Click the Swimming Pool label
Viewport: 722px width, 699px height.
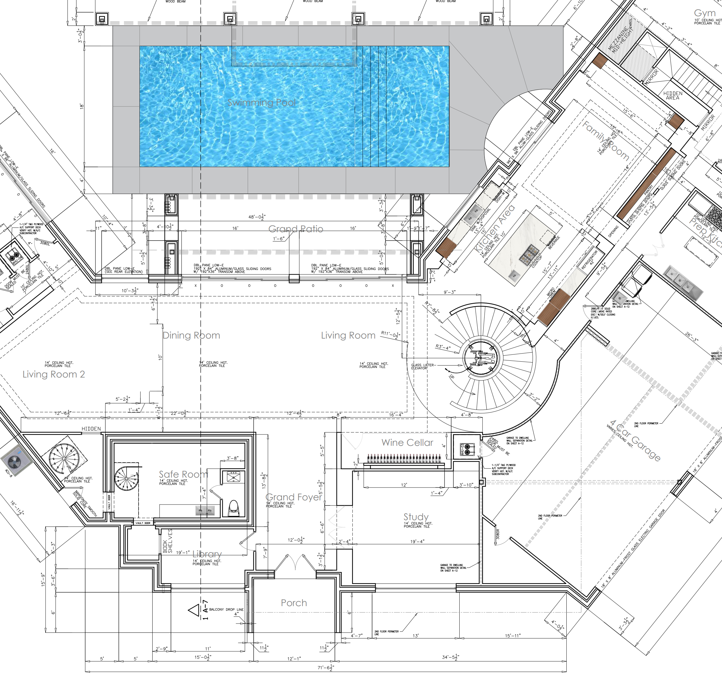coord(261,103)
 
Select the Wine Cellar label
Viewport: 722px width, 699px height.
coord(407,443)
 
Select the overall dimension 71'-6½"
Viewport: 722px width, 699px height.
coord(326,667)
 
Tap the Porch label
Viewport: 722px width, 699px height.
coord(294,603)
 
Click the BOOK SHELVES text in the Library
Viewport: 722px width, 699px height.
coord(168,541)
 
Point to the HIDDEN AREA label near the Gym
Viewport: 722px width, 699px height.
coord(673,95)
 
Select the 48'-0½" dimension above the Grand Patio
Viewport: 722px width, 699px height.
coord(257,217)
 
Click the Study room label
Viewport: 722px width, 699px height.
coord(416,517)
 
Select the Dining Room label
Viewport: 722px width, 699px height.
coord(191,335)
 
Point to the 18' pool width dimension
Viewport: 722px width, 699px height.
coord(82,106)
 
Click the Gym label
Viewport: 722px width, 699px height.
coord(704,13)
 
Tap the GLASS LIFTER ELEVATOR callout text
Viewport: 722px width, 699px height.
coord(422,366)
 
